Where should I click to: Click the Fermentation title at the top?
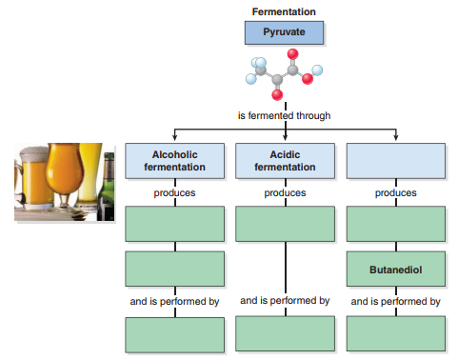point(284,11)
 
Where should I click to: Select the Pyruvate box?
point(284,33)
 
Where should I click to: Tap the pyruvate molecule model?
point(284,76)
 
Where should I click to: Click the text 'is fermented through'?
point(284,115)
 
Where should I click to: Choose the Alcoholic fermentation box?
point(175,160)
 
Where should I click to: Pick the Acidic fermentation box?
point(285,160)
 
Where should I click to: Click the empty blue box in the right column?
point(395,160)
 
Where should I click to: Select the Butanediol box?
point(395,270)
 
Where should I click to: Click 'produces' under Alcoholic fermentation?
point(175,192)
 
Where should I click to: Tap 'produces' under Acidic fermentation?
point(285,192)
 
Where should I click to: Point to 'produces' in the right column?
point(395,192)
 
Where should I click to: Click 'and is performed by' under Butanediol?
point(395,301)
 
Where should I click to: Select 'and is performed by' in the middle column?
point(285,301)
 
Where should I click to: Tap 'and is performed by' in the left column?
point(175,301)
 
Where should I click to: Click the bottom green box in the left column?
point(175,333)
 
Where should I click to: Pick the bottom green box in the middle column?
point(285,333)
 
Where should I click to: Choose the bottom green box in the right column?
point(395,333)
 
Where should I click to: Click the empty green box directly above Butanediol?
point(395,224)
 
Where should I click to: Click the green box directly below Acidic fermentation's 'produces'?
point(285,224)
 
